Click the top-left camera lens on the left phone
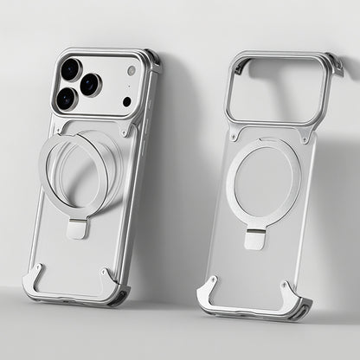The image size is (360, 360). [70, 69]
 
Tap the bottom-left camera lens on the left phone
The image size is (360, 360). [66, 99]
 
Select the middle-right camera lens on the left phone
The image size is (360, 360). [90, 85]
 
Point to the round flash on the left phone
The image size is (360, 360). [131, 70]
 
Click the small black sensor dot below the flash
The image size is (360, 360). [127, 101]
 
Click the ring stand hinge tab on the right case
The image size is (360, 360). [254, 239]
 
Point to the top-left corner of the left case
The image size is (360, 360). [59, 54]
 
